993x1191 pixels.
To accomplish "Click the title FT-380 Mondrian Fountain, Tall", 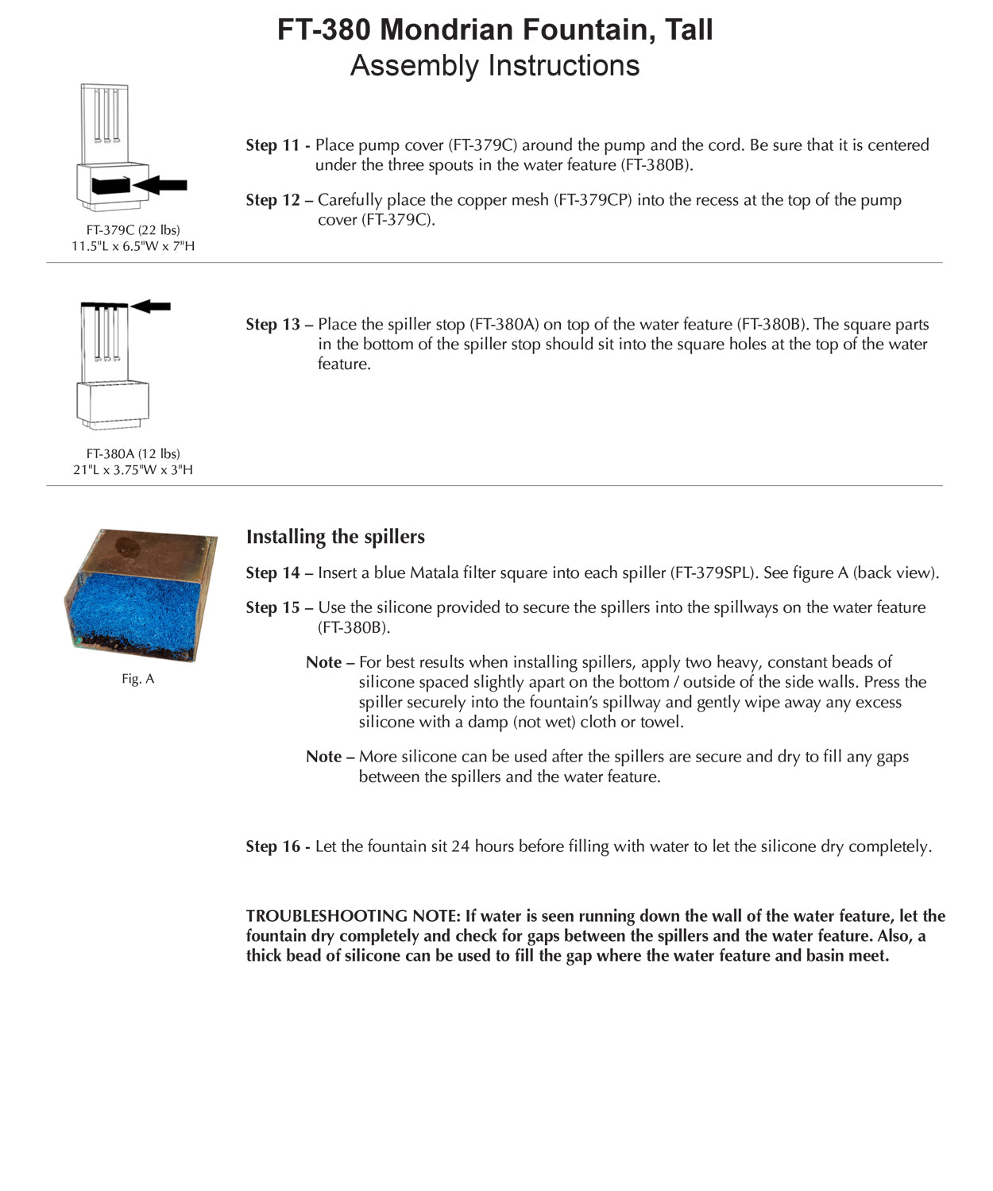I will coord(495,30).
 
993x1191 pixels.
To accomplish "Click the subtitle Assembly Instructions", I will coord(495,65).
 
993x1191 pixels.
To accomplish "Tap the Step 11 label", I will coord(272,145).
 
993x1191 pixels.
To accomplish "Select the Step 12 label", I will coord(272,200).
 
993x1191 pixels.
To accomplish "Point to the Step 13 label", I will coord(272,325).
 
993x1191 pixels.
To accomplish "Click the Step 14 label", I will coord(272,573).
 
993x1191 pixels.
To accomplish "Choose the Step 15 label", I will coord(272,608).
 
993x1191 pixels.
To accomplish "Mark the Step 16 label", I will coord(272,847).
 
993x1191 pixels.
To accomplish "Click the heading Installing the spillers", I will coord(335,537).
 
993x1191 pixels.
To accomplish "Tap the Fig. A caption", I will coord(137,680).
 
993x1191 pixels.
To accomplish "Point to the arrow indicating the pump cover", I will coord(160,185).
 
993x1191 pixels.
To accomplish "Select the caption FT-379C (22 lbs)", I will coord(133,230).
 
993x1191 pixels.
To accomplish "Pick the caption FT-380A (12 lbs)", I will coord(133,454).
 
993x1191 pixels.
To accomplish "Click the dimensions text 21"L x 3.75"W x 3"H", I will coord(133,470).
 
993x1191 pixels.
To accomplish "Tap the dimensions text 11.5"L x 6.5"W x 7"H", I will coord(133,246).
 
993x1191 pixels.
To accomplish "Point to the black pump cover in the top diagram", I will coord(110,185).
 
